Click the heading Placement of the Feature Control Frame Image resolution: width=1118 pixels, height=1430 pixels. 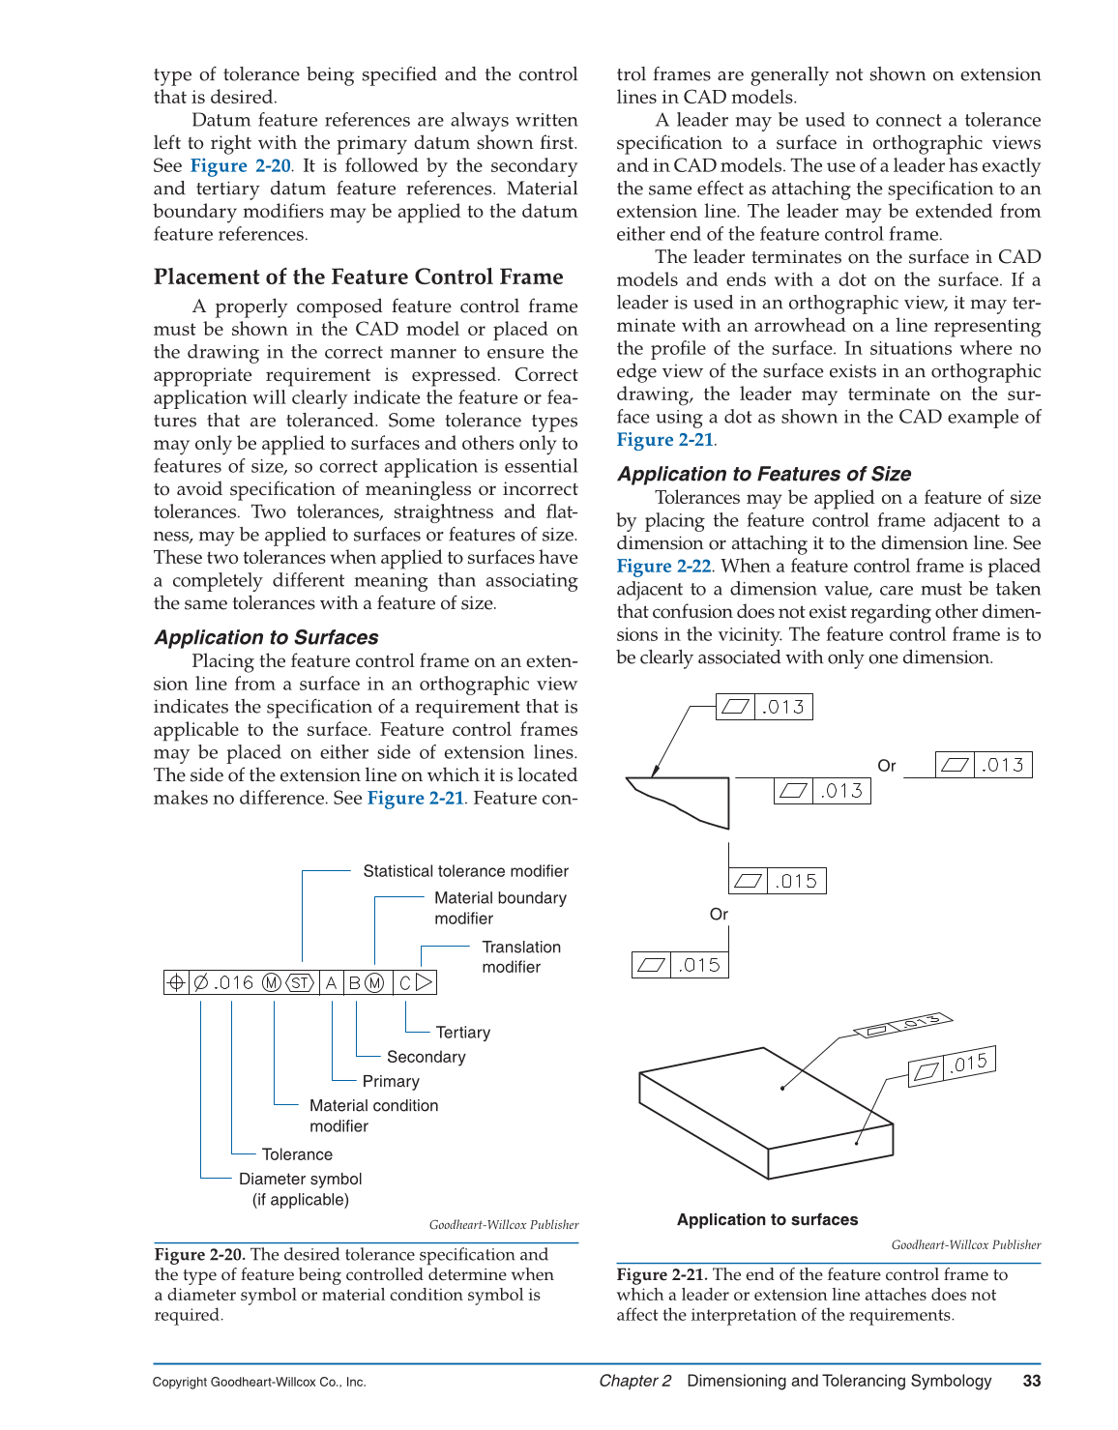[x=358, y=277]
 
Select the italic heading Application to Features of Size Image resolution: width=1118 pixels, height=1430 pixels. [x=763, y=474]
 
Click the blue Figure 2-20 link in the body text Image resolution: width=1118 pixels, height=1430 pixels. [x=240, y=166]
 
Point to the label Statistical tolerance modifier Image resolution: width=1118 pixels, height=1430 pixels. [x=465, y=871]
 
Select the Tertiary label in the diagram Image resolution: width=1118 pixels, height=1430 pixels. [x=462, y=1033]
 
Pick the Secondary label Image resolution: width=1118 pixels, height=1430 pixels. [x=426, y=1057]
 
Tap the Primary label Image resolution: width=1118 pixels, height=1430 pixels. [x=391, y=1081]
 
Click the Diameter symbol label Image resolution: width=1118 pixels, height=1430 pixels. [x=300, y=1179]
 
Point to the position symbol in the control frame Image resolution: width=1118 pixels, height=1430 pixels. [x=176, y=983]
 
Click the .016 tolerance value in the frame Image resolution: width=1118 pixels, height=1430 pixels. [x=233, y=983]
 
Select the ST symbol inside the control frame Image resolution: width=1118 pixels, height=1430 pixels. [x=301, y=983]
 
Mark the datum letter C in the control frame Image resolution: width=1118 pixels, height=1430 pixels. [x=405, y=983]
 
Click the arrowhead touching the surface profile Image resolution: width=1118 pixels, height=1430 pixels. [x=656, y=770]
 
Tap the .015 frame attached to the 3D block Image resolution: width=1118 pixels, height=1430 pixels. [x=953, y=1065]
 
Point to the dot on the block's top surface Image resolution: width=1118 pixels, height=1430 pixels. [x=782, y=1088]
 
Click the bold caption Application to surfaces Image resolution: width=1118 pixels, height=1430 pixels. [x=767, y=1220]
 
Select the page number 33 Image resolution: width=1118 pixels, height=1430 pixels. [x=1031, y=1381]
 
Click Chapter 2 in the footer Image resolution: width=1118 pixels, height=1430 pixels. [x=634, y=1381]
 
